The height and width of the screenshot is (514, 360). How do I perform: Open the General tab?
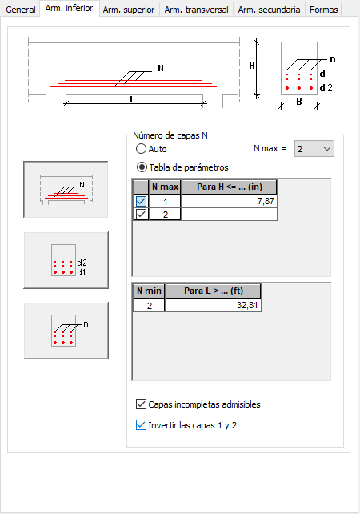tap(21, 10)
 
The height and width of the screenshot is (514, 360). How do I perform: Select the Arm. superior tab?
tap(129, 10)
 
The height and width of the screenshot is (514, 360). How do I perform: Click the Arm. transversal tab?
tap(196, 10)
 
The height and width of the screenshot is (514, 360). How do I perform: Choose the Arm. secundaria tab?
tap(269, 10)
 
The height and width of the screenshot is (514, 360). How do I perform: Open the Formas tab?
tap(324, 10)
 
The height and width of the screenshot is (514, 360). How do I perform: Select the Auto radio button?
tap(141, 149)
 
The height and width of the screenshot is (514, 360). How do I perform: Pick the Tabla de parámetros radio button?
tap(142, 167)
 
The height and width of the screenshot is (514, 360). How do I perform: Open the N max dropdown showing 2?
tap(314, 149)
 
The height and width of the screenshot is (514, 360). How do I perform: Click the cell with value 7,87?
tap(229, 201)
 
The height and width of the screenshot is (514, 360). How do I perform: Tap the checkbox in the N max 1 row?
tap(141, 201)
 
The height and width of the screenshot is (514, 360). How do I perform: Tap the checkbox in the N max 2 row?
tap(141, 214)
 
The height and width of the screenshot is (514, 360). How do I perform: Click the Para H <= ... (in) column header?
tap(229, 187)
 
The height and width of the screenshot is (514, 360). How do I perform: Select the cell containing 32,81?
tap(213, 305)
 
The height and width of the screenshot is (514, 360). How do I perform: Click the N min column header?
tap(149, 291)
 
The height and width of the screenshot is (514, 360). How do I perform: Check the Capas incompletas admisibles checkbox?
tap(141, 404)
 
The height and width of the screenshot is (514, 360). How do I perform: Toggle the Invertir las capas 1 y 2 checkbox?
tap(141, 425)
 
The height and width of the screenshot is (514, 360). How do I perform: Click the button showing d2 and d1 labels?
tap(66, 260)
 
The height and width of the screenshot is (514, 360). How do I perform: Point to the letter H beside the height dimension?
tap(251, 66)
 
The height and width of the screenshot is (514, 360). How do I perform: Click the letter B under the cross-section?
tap(299, 102)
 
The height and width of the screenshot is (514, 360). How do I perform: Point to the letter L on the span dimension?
tap(132, 99)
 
